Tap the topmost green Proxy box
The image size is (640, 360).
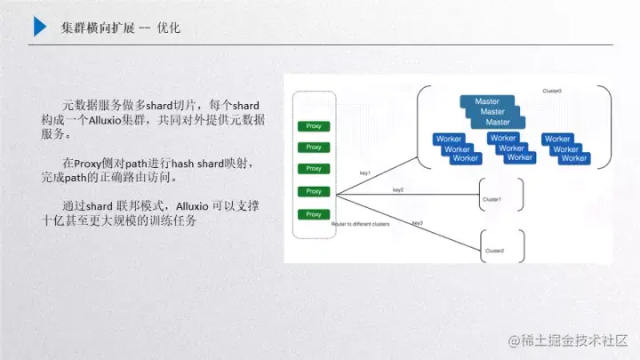[x=313, y=125]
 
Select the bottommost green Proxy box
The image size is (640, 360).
[x=313, y=214]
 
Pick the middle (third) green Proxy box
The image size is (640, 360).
[x=313, y=169]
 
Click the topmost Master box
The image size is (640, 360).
[x=486, y=101]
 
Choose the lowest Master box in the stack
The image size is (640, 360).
[x=498, y=122]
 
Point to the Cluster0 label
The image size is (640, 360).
[x=552, y=91]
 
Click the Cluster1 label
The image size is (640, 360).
[x=492, y=199]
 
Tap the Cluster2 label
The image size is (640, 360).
[x=494, y=252]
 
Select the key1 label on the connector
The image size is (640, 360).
[x=364, y=172]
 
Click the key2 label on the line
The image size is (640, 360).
[x=397, y=189]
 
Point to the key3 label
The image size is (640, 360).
[x=417, y=223]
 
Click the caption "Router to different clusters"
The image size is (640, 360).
[x=362, y=225]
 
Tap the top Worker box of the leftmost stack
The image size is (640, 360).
[x=449, y=139]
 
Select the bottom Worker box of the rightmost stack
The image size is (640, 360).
[x=573, y=158]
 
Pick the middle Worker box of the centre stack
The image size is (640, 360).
[x=512, y=148]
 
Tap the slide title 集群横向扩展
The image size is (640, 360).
[x=96, y=28]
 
